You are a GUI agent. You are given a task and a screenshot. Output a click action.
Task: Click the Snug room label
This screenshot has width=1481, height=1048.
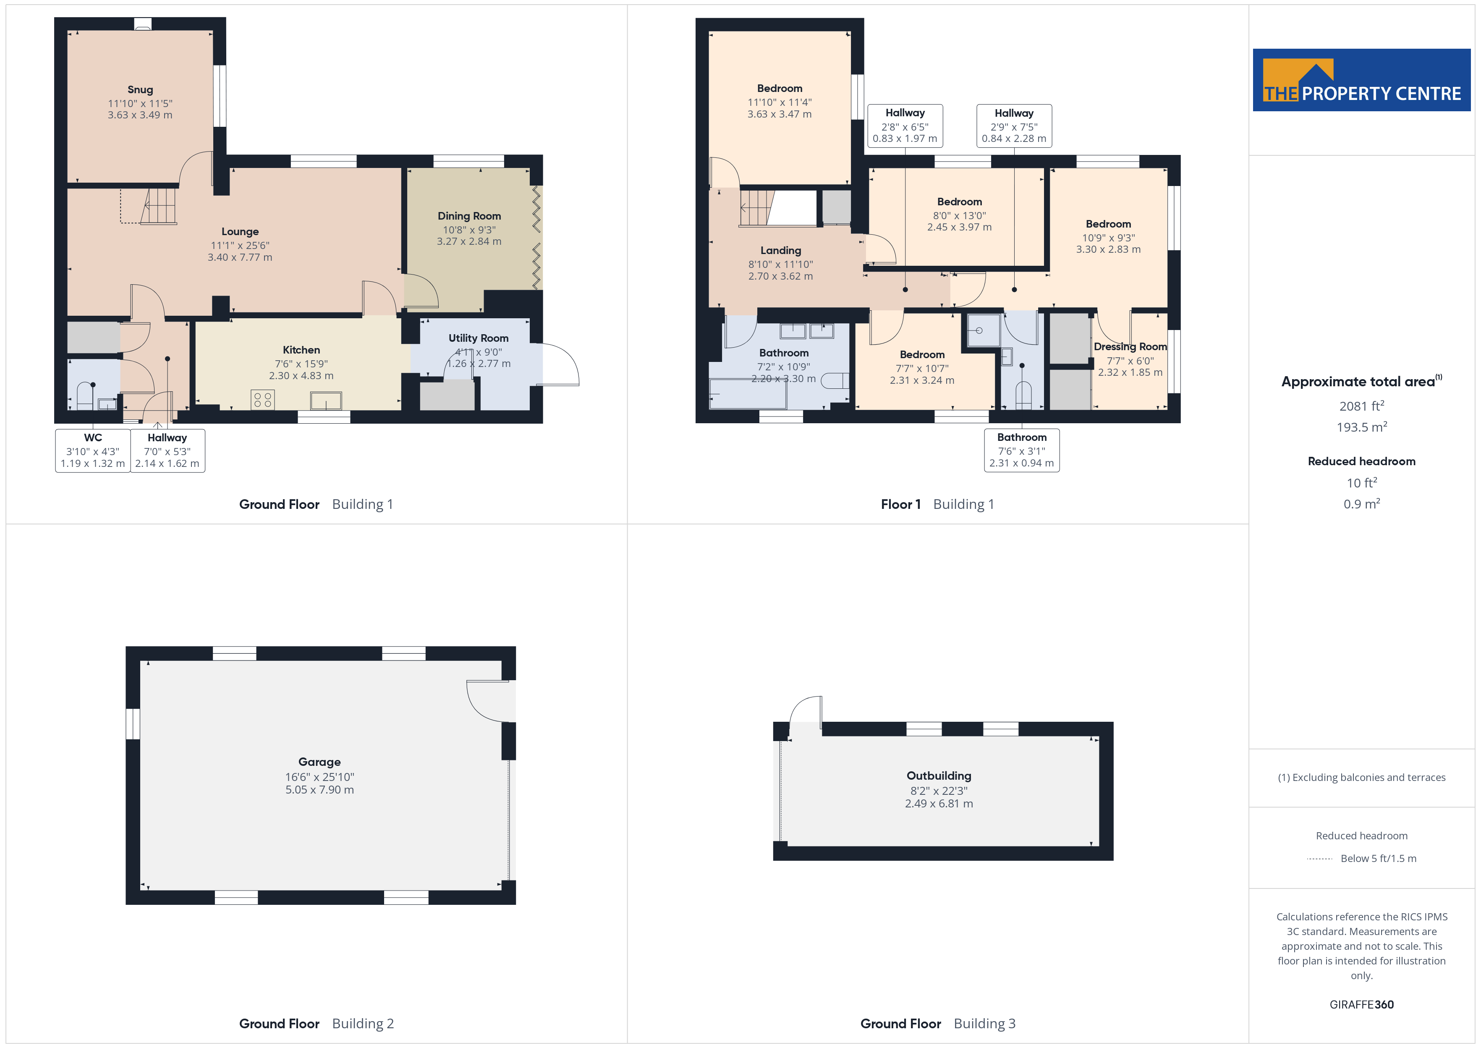point(140,90)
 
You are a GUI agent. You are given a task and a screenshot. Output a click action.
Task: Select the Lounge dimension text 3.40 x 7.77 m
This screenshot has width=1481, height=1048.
point(240,257)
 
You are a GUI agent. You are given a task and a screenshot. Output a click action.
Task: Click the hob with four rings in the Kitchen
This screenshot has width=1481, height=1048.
point(262,399)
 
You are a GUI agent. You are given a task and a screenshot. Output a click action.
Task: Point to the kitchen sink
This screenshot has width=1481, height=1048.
point(326,401)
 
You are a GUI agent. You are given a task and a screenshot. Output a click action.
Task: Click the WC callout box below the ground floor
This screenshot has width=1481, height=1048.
point(93,451)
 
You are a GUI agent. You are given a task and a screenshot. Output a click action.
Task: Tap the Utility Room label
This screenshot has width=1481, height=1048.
point(479,338)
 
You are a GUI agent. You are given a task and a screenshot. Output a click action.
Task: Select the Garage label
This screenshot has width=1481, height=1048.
point(319,762)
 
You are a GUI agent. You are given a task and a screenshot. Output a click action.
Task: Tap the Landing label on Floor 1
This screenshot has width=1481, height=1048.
point(780,250)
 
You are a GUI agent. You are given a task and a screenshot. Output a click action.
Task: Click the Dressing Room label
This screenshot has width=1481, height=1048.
point(1130,346)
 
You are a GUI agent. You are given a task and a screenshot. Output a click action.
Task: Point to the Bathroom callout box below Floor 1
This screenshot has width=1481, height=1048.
point(1022,451)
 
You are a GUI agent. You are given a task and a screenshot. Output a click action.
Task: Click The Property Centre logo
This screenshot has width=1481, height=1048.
point(1362,80)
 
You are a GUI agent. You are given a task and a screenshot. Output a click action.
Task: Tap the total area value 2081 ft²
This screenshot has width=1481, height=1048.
point(1362,406)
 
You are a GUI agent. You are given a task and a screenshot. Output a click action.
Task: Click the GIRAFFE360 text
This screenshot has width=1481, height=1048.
point(1362,1005)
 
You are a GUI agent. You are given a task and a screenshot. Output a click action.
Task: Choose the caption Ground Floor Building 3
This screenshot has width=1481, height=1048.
point(938,1024)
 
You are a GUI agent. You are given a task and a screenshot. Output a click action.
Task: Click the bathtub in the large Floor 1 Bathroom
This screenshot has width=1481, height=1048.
point(748,394)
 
